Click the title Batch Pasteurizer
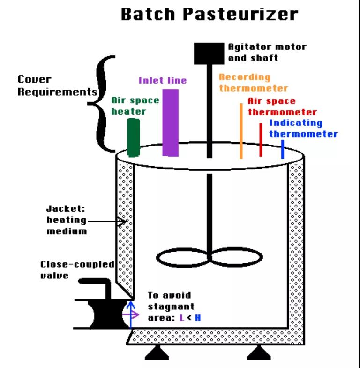[209, 14]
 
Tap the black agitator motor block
[209, 53]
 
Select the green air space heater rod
[134, 137]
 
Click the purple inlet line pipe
[170, 122]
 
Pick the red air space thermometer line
[261, 139]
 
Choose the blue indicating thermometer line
[282, 151]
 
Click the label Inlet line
[163, 80]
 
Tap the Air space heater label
[135, 106]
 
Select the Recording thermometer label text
[253, 82]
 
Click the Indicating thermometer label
[303, 128]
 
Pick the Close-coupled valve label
[77, 270]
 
